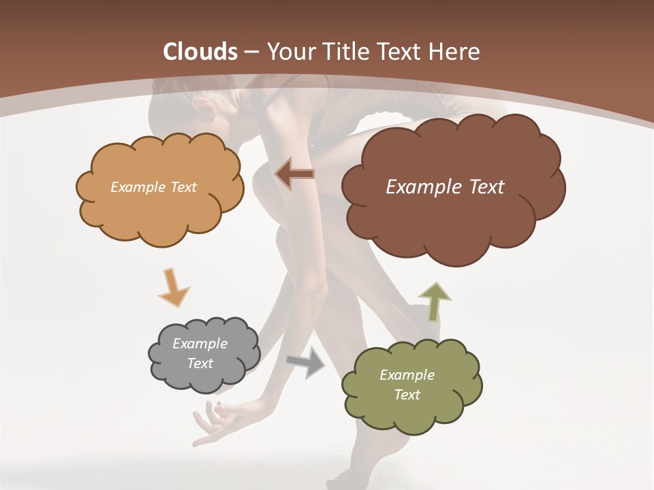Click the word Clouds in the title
tap(201, 52)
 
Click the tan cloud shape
tap(160, 204)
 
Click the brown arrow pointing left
tap(294, 175)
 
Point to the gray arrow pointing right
tap(307, 362)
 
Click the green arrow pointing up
tap(435, 300)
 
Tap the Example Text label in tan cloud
tap(153, 187)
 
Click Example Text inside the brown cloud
tap(445, 187)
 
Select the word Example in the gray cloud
tap(200, 344)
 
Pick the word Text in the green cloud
tap(407, 395)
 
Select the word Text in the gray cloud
tap(200, 363)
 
